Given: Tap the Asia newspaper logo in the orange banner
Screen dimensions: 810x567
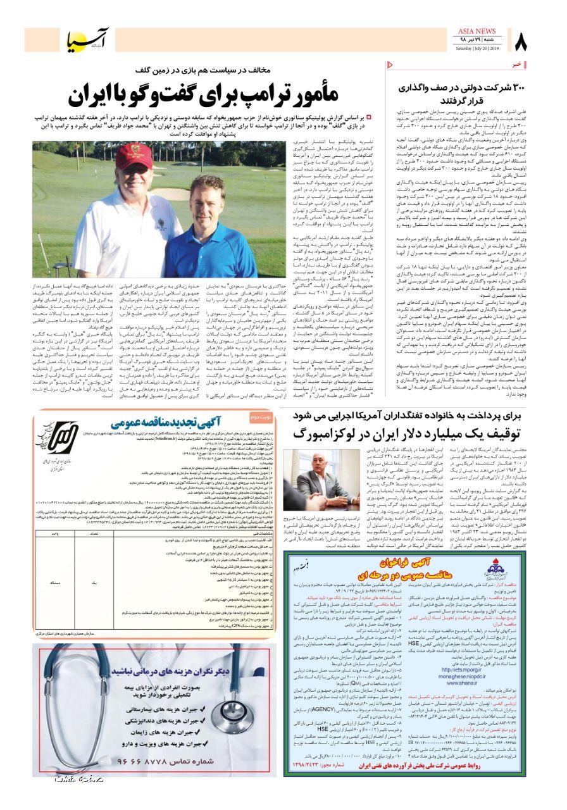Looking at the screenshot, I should click(x=88, y=40).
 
